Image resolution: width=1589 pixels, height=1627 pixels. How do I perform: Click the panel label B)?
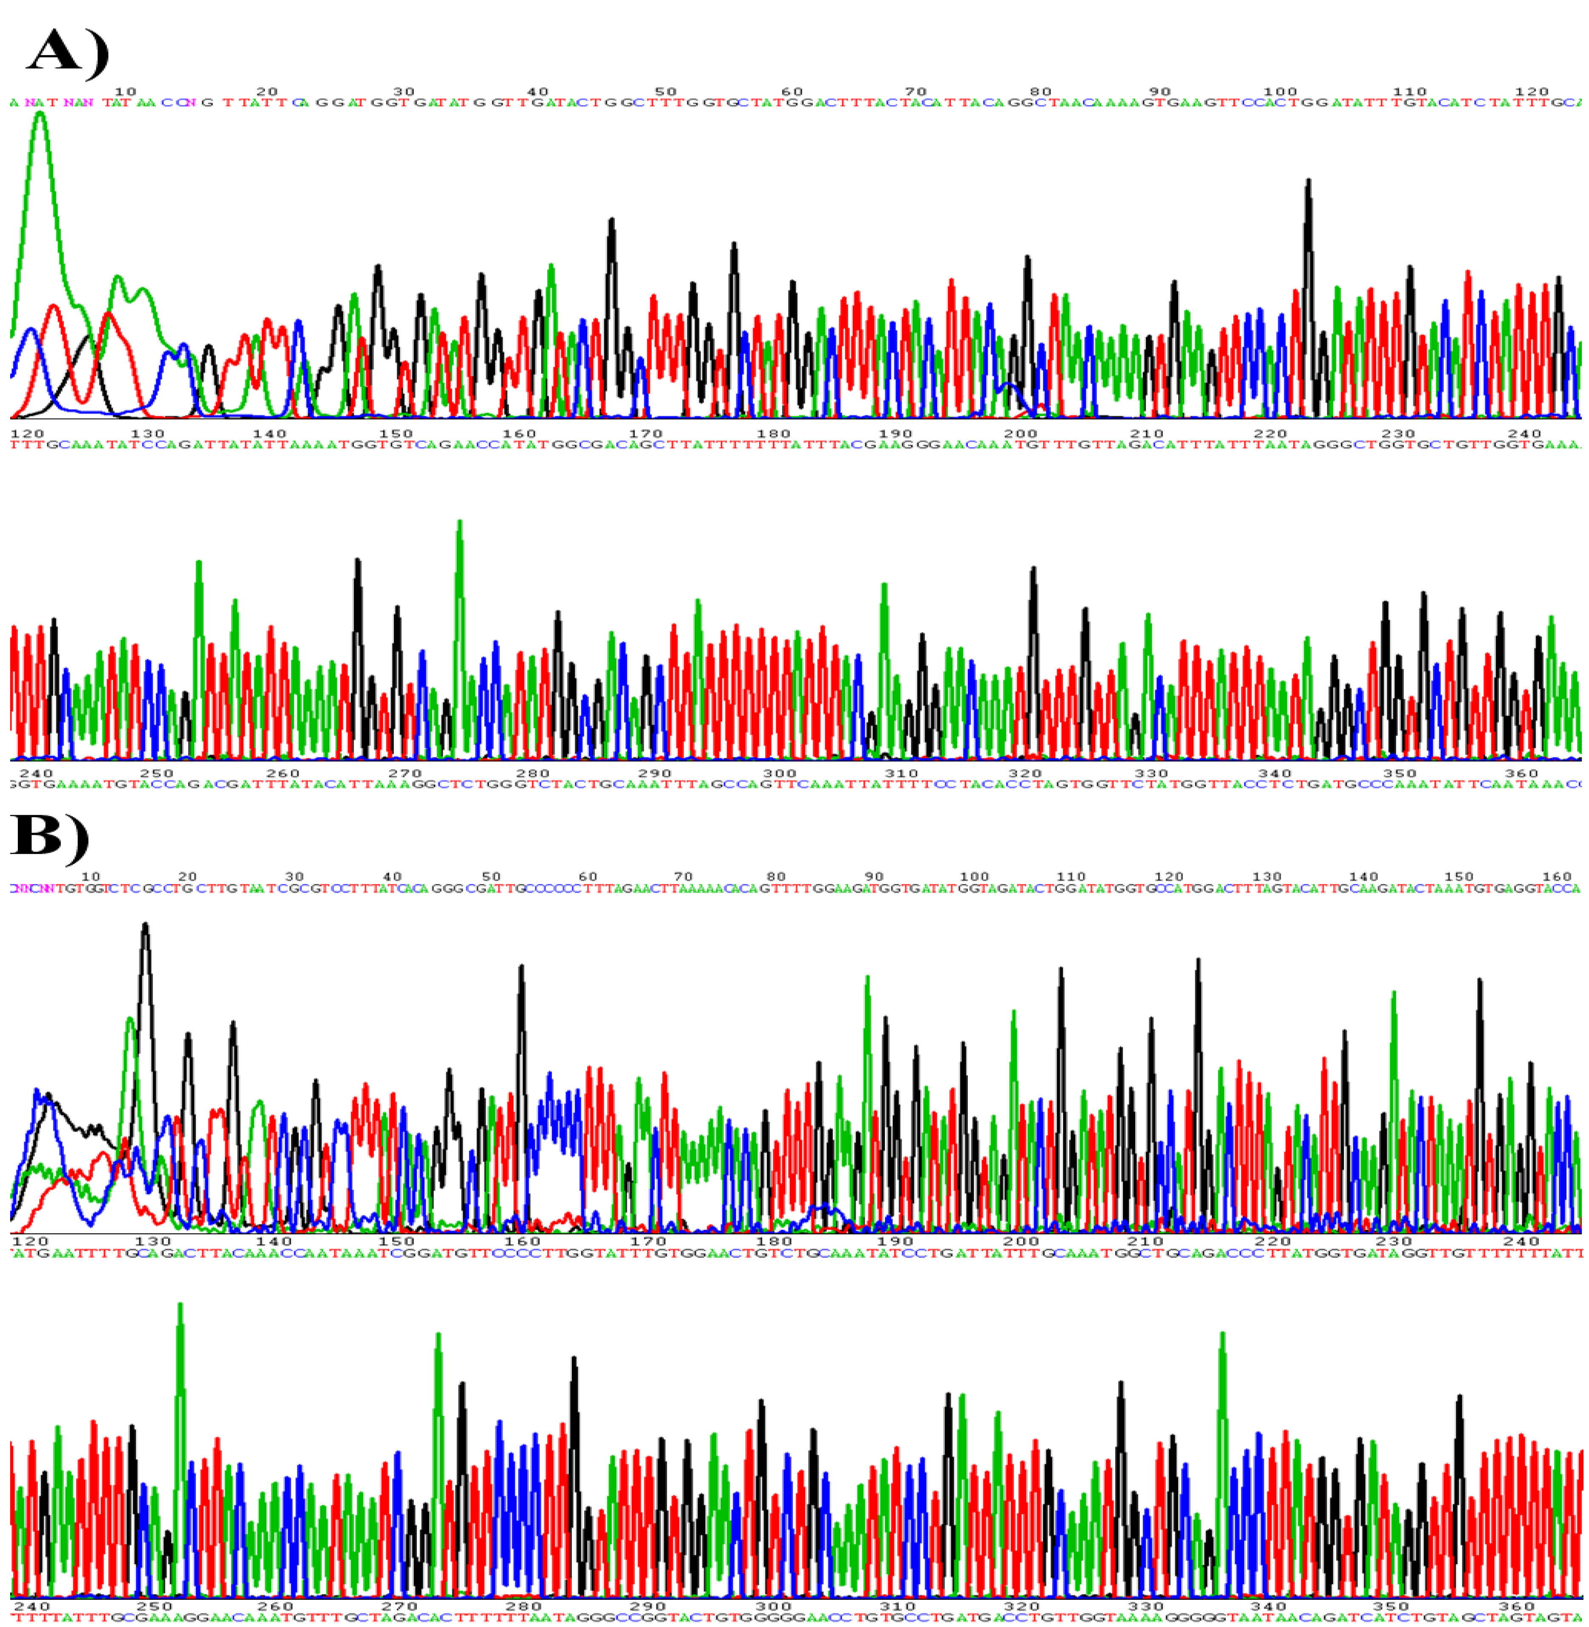coord(48,834)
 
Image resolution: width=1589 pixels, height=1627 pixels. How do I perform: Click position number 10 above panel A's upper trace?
coord(125,92)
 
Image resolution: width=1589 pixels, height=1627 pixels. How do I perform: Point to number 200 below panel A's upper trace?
coord(1020,434)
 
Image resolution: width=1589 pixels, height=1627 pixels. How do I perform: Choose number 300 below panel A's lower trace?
coord(780,774)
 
